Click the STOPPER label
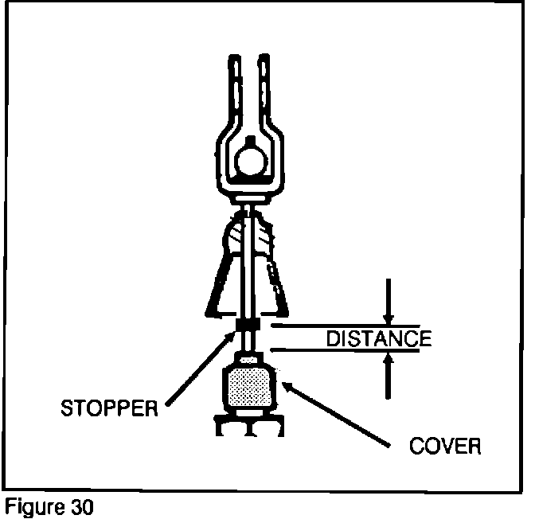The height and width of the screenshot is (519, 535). [x=109, y=410]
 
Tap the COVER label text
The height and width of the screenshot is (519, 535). [x=445, y=445]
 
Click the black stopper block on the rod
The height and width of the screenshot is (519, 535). [x=248, y=327]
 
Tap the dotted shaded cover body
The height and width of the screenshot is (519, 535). [x=251, y=388]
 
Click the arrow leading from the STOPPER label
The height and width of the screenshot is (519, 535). [x=199, y=369]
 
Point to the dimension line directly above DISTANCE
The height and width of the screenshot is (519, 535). [x=350, y=326]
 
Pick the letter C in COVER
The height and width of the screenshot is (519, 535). [x=416, y=445]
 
